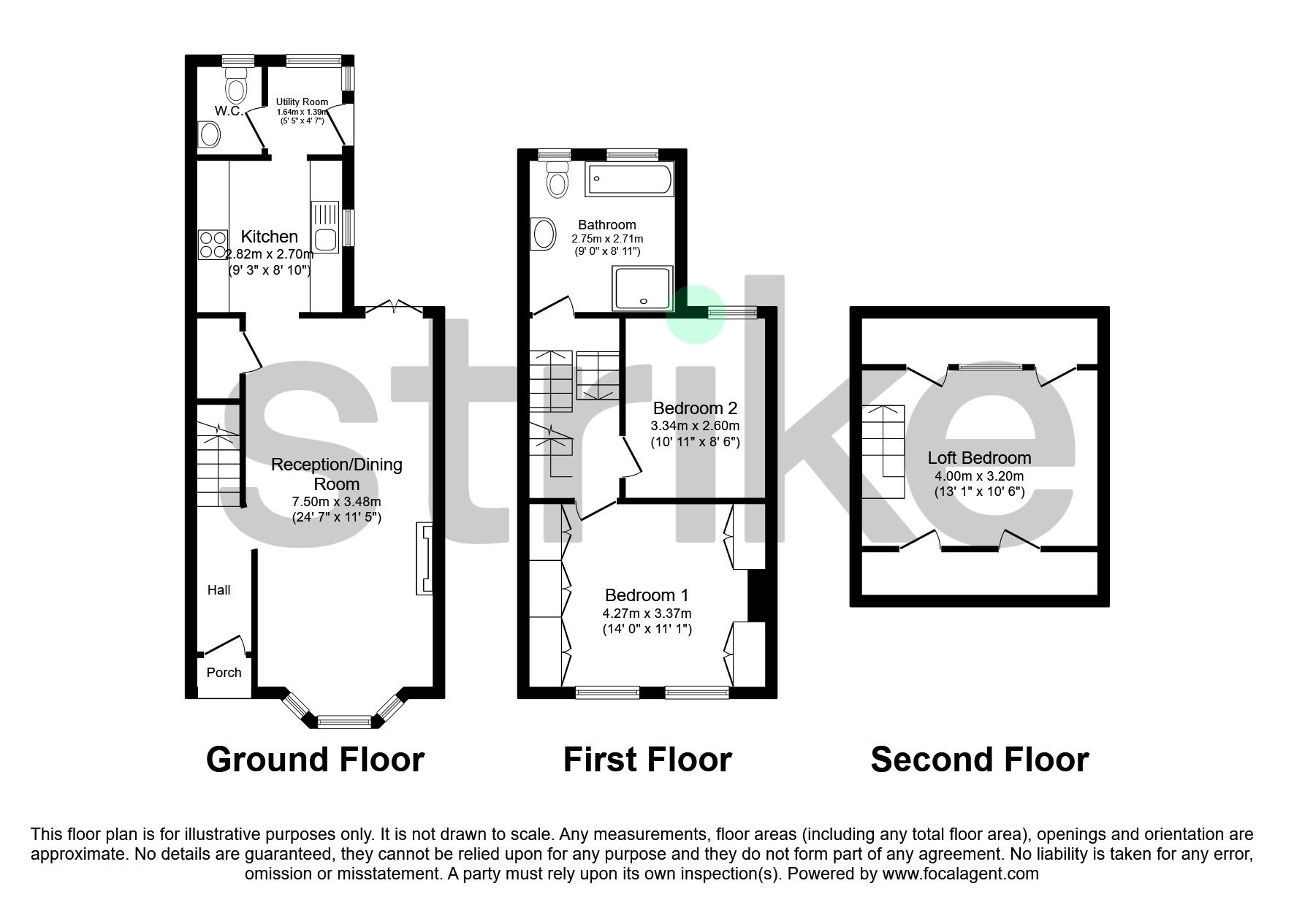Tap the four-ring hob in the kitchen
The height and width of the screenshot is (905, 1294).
(213, 245)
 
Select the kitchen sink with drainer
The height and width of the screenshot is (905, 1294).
(325, 227)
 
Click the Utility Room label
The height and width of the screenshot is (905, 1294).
(302, 102)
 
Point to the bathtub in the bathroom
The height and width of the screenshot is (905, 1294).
(629, 180)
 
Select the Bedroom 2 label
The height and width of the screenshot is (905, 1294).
(695, 408)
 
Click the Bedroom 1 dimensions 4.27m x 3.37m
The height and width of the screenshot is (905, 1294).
(647, 614)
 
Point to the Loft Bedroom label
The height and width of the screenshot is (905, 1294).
(979, 458)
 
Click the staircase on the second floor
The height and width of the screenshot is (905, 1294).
(883, 451)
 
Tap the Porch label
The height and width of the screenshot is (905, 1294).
(224, 673)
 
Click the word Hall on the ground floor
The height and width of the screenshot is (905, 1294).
(218, 590)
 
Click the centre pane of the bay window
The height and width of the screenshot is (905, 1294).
(344, 722)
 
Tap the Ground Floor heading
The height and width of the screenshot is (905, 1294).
(315, 760)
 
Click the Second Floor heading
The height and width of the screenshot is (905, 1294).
(979, 760)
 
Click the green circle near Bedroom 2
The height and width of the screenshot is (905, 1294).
(696, 314)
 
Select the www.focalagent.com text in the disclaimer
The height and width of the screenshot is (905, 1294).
(960, 874)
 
